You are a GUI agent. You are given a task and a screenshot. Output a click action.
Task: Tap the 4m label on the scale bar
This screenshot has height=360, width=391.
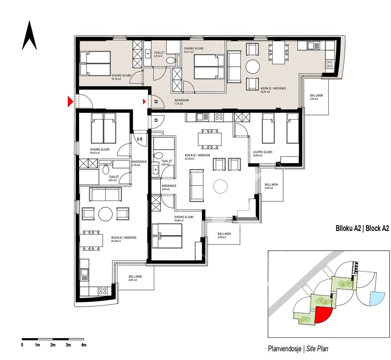pyautogui.click(x=84, y=345)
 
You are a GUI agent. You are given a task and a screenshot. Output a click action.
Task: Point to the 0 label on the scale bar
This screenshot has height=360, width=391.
pyautogui.click(x=22, y=345)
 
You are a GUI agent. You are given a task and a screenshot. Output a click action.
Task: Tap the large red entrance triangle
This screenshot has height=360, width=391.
pyautogui.click(x=70, y=102)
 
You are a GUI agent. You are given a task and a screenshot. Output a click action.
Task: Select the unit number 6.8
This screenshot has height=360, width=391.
pyautogui.click(x=156, y=101)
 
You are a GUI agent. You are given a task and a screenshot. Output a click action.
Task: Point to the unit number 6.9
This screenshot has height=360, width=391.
pyautogui.click(x=156, y=121)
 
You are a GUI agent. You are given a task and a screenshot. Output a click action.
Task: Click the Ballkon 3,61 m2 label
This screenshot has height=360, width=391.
pyautogui.click(x=316, y=97)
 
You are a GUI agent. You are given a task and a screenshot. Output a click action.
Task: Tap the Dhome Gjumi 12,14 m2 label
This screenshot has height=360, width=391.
pyautogui.click(x=121, y=77)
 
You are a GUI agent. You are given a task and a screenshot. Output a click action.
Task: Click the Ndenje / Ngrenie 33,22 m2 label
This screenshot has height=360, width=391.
pyautogui.click(x=197, y=157)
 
